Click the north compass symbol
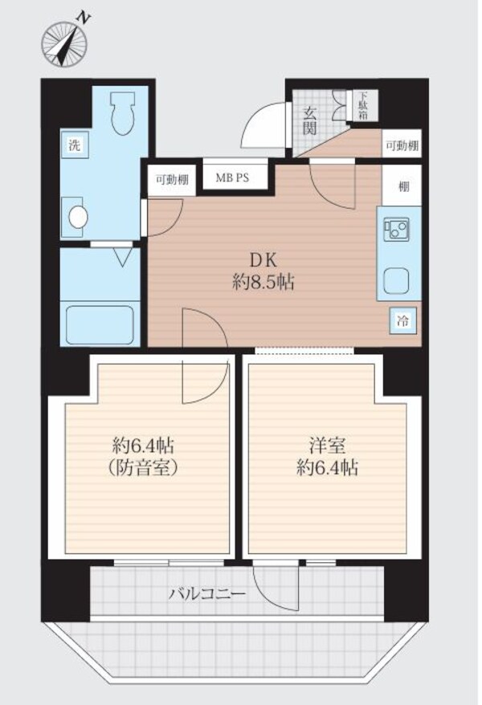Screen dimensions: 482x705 coord(64,43)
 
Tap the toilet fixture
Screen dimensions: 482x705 coord(123,113)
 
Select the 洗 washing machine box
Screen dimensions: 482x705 coord(75,145)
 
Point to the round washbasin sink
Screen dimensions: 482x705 coord(78,217)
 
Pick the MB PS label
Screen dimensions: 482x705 coord(232,177)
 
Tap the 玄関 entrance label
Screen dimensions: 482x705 coord(309,120)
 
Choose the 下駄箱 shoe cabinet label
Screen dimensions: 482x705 coord(362,106)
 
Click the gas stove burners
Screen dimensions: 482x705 coord(396,227)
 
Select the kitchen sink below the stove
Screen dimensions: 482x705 coord(396,280)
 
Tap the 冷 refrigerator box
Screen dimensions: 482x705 coord(402,321)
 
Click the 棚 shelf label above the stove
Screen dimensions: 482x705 coord(404,185)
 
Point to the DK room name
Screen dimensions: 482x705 coord(263,260)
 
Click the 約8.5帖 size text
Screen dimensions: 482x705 coord(263,283)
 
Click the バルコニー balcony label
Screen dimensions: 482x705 coord(207,594)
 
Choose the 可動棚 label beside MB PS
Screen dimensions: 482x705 coord(172,181)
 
